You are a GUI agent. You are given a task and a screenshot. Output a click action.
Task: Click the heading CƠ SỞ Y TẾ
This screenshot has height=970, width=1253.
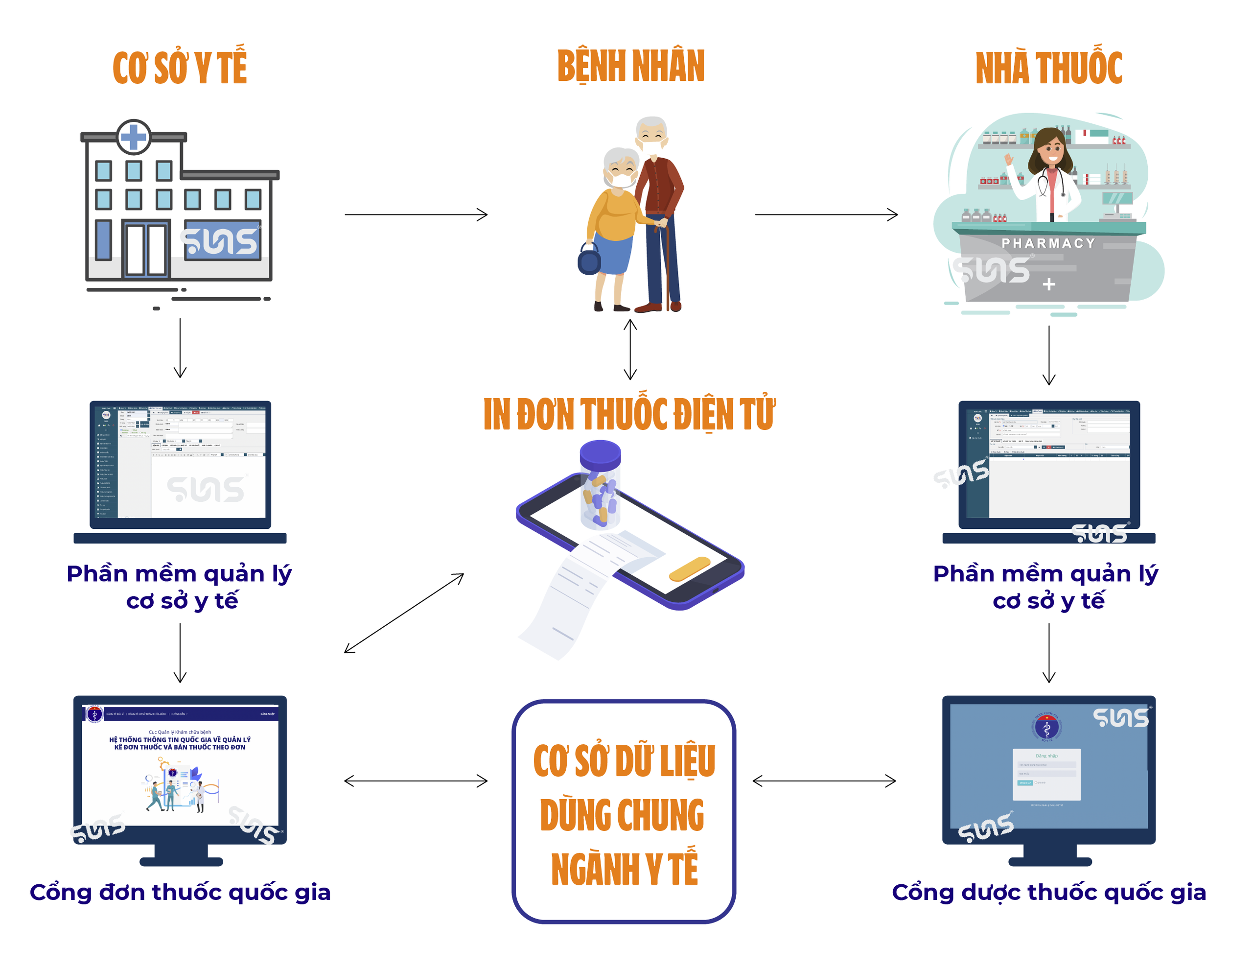180,68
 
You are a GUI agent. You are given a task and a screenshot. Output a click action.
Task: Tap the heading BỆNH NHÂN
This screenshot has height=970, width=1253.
630,67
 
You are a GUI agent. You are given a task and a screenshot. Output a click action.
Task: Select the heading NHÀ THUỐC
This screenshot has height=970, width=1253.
1048,68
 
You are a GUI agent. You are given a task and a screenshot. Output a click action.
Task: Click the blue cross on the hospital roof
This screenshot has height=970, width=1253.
134,137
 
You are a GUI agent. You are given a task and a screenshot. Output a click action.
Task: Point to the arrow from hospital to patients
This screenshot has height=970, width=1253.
416,214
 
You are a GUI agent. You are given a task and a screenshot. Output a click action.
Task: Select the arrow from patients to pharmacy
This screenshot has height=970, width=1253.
826,214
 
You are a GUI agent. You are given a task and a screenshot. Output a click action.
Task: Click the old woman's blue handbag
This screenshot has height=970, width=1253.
589,260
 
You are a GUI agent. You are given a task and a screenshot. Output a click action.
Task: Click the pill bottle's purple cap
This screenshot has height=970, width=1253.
600,453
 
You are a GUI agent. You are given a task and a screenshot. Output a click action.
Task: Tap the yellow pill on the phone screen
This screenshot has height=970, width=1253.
689,568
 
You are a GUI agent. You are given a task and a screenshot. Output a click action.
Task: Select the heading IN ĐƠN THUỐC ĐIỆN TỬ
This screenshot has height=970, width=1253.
629,414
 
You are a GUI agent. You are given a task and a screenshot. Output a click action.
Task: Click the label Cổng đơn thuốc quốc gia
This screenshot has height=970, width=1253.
180,893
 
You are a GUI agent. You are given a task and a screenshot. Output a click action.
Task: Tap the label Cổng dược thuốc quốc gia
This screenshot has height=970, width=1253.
1049,893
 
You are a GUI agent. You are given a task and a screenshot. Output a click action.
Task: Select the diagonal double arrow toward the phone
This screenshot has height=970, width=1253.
404,613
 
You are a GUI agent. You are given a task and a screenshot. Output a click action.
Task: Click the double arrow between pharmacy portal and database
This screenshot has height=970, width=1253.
824,781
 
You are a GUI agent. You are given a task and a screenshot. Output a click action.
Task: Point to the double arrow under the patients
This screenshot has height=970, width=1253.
630,350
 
